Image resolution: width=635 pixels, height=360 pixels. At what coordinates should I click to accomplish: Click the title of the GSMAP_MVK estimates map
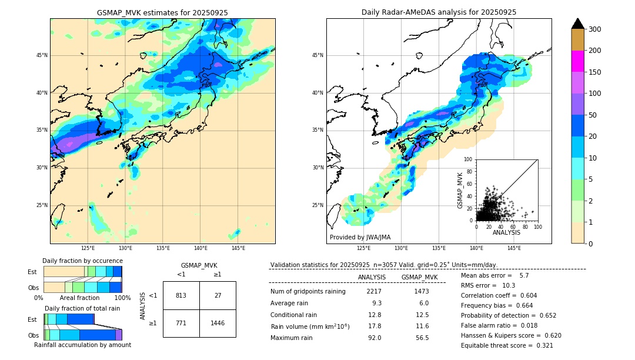(x=162, y=12)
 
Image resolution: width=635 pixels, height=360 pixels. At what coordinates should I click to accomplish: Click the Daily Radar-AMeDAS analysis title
(x=439, y=12)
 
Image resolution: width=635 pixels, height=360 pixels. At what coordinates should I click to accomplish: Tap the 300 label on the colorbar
(x=594, y=29)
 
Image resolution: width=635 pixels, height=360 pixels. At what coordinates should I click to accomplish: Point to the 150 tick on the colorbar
(x=594, y=72)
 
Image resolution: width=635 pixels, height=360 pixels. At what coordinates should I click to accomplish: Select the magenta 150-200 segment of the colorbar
(x=577, y=61)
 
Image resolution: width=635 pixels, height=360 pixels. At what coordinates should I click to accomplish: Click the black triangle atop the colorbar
(x=577, y=24)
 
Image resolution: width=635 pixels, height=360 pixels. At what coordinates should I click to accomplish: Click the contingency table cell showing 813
(x=181, y=295)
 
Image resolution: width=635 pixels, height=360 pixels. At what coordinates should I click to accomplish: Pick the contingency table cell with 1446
(x=218, y=323)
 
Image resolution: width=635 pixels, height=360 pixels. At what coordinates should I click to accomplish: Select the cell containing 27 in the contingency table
(x=218, y=295)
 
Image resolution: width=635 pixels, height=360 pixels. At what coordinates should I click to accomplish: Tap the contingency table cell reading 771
(x=181, y=323)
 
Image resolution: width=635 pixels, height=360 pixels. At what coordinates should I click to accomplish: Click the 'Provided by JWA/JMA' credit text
(x=360, y=238)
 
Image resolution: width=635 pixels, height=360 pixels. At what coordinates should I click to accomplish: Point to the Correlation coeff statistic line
(x=499, y=295)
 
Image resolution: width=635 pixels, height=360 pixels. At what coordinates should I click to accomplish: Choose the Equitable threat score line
(x=507, y=345)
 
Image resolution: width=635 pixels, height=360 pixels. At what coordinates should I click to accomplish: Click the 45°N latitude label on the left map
(x=42, y=55)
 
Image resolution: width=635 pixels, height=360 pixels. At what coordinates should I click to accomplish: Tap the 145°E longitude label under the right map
(x=514, y=248)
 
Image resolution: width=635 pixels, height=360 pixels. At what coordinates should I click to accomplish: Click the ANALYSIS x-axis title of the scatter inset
(x=506, y=232)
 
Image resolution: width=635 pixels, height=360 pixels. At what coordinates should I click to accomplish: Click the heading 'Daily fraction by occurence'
(x=82, y=261)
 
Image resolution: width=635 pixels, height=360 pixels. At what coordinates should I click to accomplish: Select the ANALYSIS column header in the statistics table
(x=372, y=277)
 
